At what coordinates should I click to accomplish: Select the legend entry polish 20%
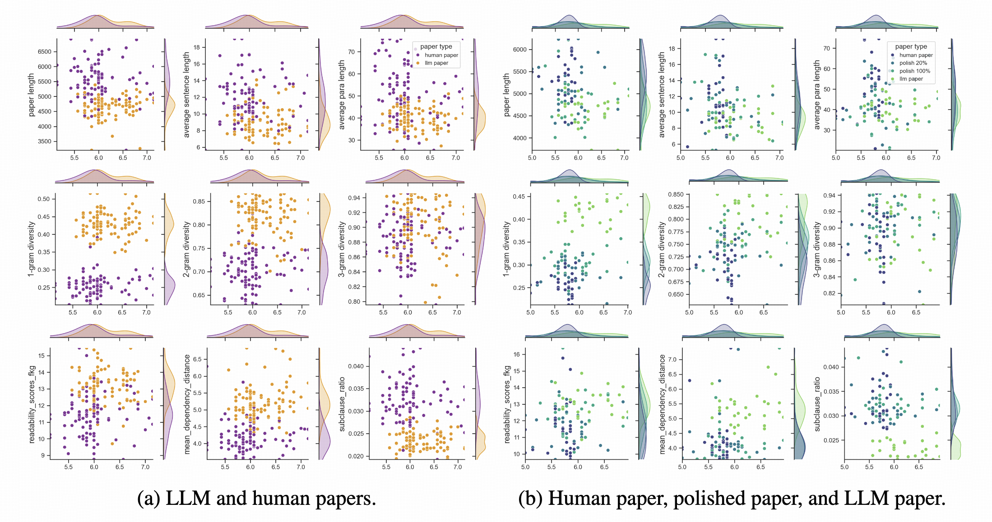pyautogui.click(x=913, y=63)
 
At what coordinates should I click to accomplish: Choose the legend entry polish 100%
pyautogui.click(x=914, y=71)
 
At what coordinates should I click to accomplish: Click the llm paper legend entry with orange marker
pyautogui.click(x=436, y=63)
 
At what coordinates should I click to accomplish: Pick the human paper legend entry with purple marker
pyautogui.click(x=441, y=55)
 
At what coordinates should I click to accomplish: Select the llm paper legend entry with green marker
pyautogui.click(x=911, y=79)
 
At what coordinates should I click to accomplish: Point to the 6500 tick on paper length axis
pyautogui.click(x=44, y=52)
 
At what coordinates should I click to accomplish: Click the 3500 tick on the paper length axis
pyautogui.click(x=44, y=142)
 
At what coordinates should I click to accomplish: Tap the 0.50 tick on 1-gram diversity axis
pyautogui.click(x=44, y=199)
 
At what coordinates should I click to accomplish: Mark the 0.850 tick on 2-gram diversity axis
pyautogui.click(x=676, y=194)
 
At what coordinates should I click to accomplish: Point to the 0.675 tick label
pyautogui.click(x=676, y=282)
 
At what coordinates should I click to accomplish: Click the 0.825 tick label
pyautogui.click(x=676, y=207)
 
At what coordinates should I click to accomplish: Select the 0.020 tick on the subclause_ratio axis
pyautogui.click(x=356, y=456)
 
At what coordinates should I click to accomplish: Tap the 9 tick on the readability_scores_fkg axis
pyautogui.click(x=42, y=455)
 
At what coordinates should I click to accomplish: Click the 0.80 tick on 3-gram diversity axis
pyautogui.click(x=354, y=302)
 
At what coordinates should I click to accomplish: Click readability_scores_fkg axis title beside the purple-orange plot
pyautogui.click(x=32, y=404)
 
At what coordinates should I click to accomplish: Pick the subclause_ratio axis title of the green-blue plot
pyautogui.click(x=817, y=404)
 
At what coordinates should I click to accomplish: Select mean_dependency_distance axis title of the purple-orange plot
pyautogui.click(x=187, y=404)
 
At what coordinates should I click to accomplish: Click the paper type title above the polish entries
pyautogui.click(x=911, y=46)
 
